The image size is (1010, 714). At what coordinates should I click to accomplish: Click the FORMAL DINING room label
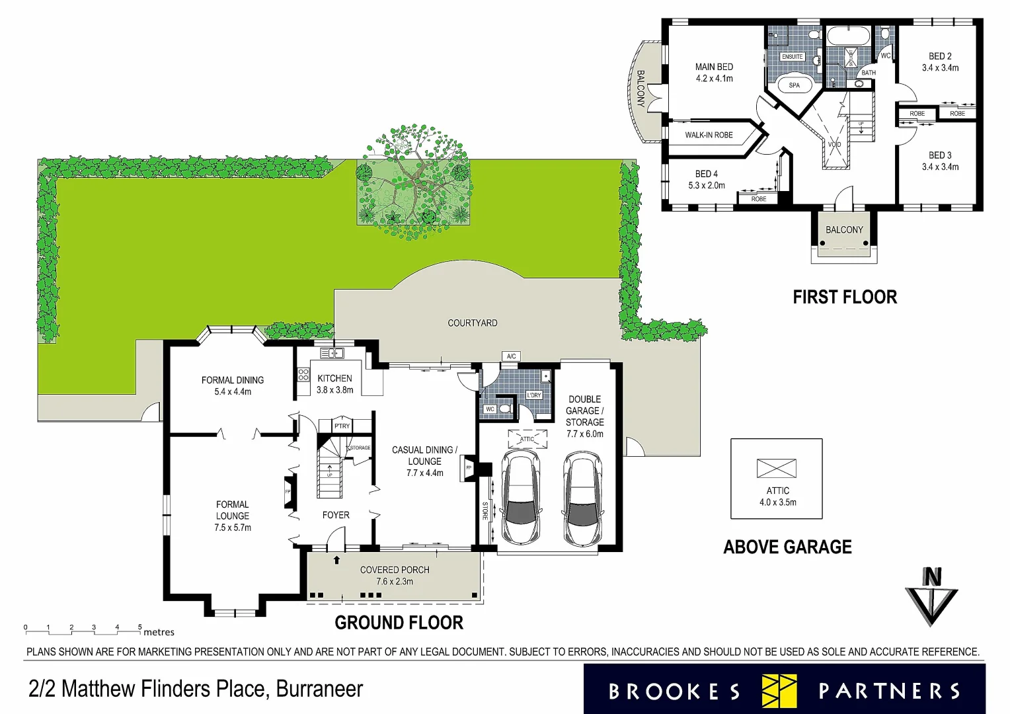coord(232,380)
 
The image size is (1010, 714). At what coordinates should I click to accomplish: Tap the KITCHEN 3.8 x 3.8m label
coord(334,384)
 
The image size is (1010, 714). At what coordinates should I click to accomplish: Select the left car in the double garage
coord(522,498)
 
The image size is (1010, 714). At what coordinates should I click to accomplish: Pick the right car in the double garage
coord(582,500)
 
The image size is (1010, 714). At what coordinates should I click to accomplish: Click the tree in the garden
coord(414,175)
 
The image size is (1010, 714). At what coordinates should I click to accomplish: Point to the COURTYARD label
coord(472,323)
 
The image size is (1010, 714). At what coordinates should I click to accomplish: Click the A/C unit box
coord(511,356)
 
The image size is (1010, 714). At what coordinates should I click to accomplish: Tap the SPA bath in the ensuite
coord(794,85)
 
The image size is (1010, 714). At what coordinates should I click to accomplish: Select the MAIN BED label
coord(714,67)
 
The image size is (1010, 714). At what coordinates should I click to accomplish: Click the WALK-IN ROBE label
coord(709,135)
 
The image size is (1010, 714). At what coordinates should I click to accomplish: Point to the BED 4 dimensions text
coord(707,186)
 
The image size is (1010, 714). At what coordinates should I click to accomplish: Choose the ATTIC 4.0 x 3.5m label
coord(777,496)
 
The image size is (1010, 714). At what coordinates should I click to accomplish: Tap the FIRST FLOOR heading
coord(845,297)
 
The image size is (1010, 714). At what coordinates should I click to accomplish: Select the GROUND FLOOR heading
coord(399,623)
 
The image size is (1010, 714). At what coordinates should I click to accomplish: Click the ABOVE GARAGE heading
coord(787,547)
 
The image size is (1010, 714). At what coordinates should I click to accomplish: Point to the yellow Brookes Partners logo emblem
coord(779,691)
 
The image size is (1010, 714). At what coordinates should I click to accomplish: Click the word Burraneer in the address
coord(319,689)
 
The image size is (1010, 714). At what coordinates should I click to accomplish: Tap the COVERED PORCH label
coord(395,570)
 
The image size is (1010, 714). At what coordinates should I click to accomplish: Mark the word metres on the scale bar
coord(159,633)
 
